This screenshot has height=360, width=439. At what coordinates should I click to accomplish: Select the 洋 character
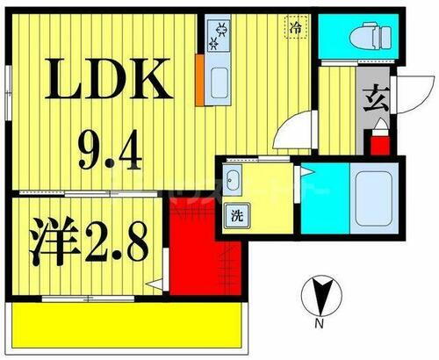pos(54,236)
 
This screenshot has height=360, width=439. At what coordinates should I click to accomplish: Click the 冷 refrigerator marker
pos(297,28)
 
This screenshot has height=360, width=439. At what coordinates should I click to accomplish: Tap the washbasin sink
pos(233,183)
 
